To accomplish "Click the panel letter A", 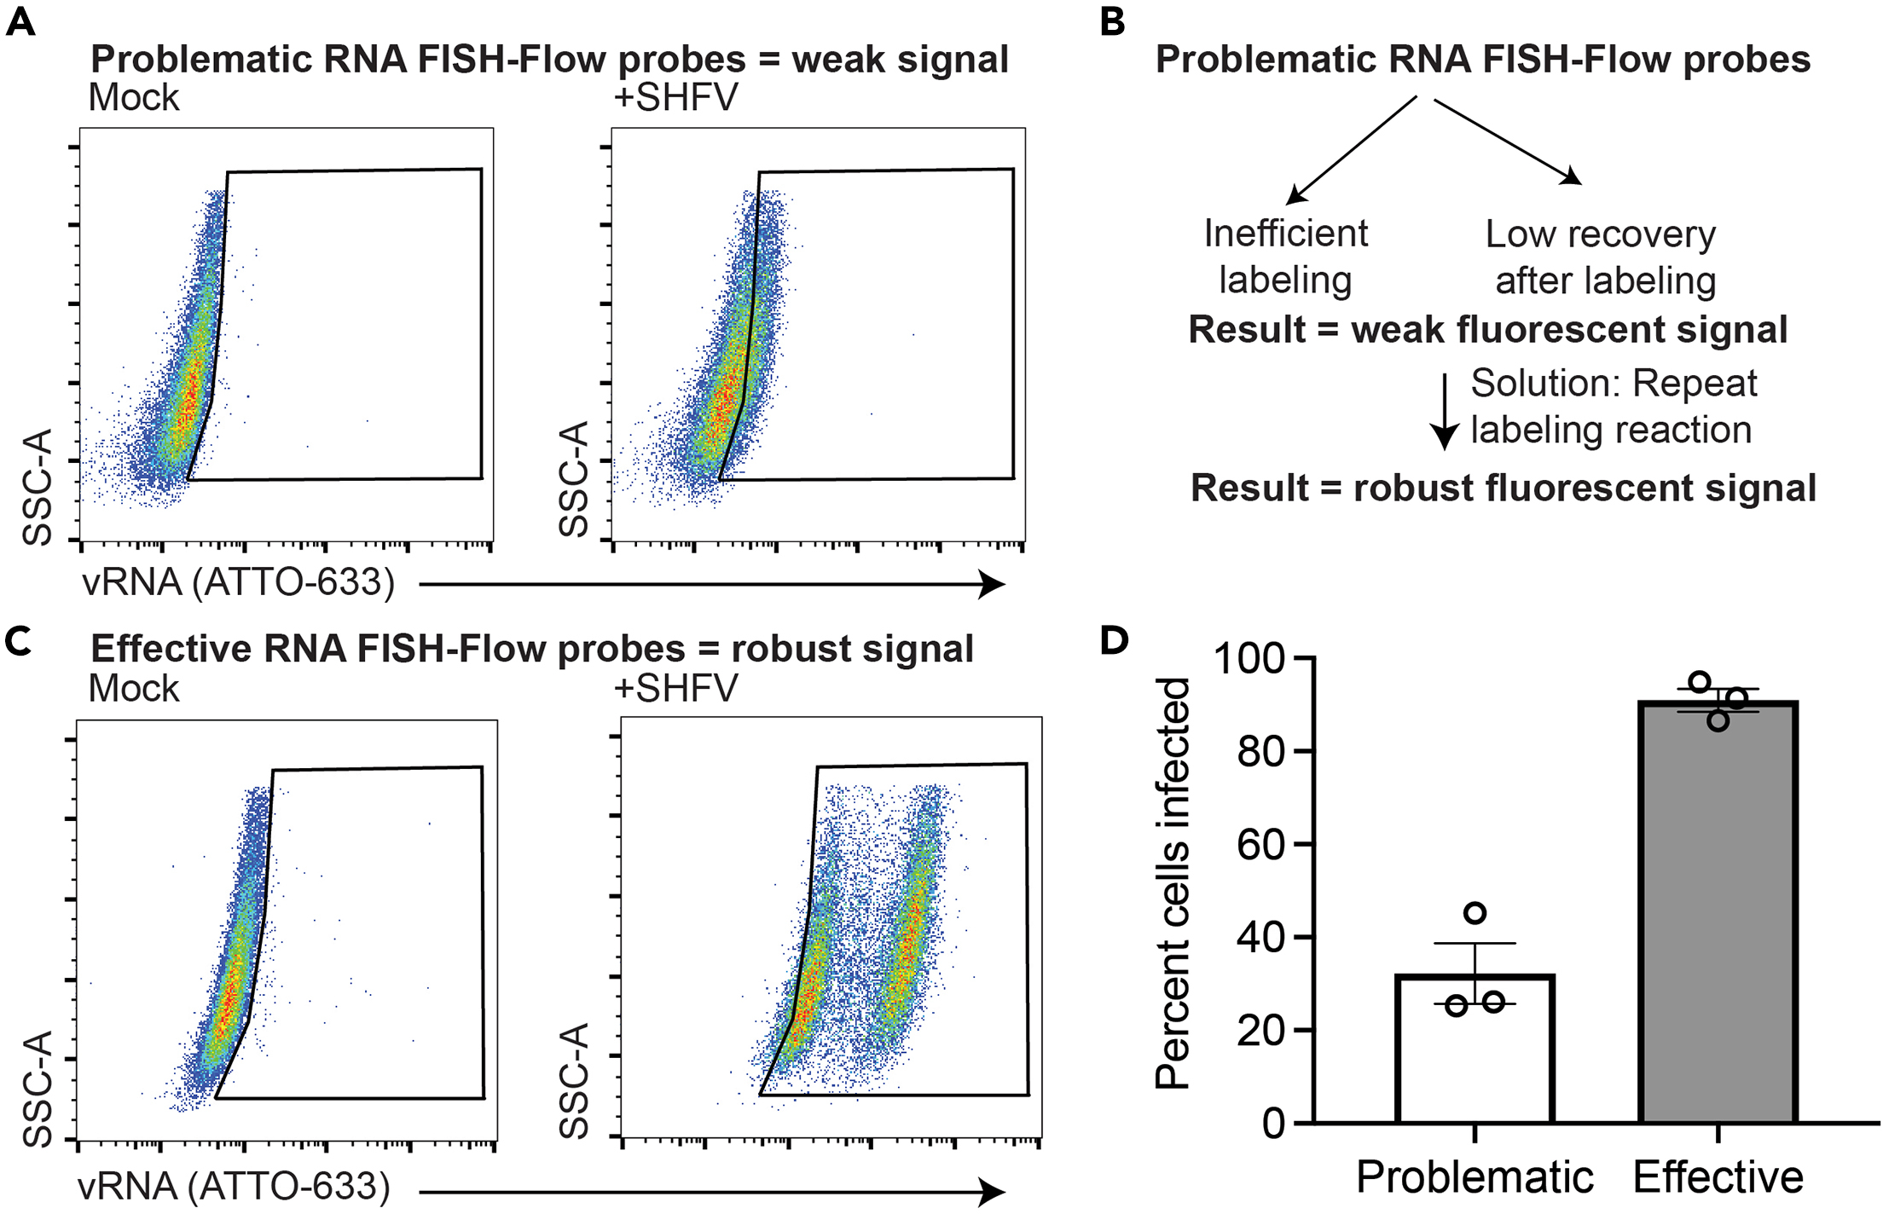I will (x=20, y=21).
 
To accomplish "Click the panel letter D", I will (x=1114, y=640).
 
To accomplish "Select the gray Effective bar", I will (x=1718, y=912).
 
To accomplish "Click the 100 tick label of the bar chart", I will (x=1249, y=659).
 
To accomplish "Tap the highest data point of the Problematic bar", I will (x=1475, y=914).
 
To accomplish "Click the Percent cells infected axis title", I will (x=1173, y=882).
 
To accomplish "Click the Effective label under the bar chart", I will (x=1718, y=1178).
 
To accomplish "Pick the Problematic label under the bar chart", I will (x=1475, y=1178).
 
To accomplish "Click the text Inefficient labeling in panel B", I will (x=1285, y=257).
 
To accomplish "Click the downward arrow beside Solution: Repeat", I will (x=1444, y=412).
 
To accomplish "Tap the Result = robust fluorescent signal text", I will (x=1503, y=488).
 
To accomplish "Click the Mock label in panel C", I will (x=134, y=688).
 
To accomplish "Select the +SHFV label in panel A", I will (x=675, y=97).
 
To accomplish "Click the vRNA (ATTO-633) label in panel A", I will (x=238, y=582).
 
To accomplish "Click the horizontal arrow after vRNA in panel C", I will (x=712, y=1192).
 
